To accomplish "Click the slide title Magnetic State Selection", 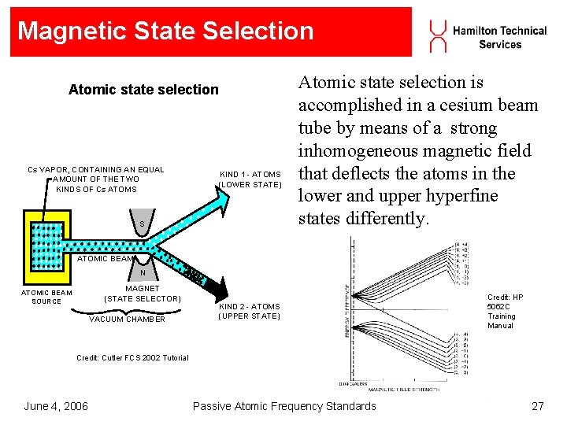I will click(x=165, y=31).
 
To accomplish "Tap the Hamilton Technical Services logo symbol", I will click(x=437, y=36).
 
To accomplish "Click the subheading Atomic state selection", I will click(x=143, y=90).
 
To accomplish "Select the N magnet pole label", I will click(x=143, y=273).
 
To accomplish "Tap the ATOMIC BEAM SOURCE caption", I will click(x=46, y=297).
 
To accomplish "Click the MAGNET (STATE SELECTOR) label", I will click(x=143, y=294).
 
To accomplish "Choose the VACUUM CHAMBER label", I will click(x=127, y=319).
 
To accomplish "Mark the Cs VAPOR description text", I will click(x=96, y=179).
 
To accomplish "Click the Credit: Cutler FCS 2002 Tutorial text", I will click(x=132, y=358).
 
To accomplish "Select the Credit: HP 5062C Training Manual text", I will click(x=505, y=312).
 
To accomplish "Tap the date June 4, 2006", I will click(x=56, y=406).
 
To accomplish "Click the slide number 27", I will click(x=538, y=406).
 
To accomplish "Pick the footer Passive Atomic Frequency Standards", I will click(x=284, y=406).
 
